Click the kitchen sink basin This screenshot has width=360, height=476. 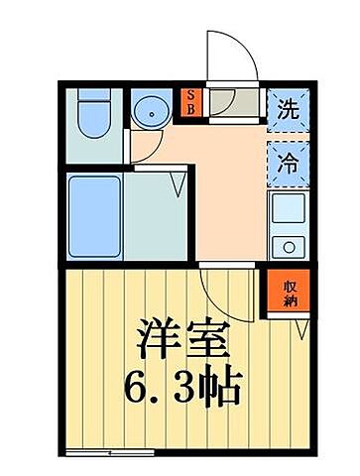(x=288, y=209)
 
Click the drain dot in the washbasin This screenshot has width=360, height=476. (x=153, y=111)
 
